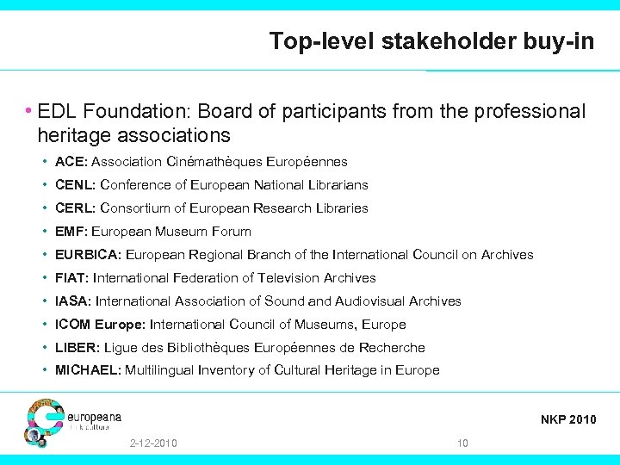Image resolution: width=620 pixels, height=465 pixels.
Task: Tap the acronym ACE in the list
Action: coord(70,162)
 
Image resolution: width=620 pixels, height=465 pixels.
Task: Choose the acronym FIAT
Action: coord(71,278)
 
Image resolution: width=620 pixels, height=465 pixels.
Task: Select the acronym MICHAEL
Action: coord(88,371)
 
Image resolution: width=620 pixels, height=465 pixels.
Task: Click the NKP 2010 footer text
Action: coord(568,420)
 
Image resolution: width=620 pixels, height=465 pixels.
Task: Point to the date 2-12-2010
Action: coord(153,443)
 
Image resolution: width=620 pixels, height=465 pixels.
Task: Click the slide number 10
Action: coord(462,443)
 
